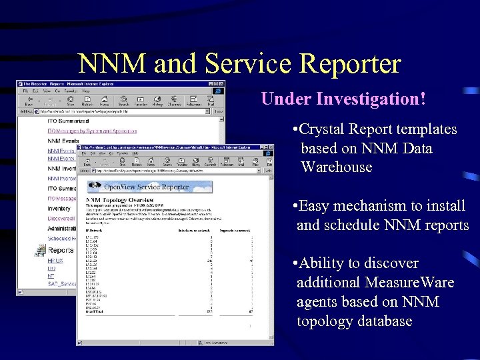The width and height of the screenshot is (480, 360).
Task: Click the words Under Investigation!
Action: coord(343,99)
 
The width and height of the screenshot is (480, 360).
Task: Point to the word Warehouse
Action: coord(336,167)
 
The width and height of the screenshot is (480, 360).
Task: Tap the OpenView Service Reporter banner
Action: coord(146,187)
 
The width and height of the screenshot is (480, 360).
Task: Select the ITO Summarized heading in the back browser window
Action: coord(69,121)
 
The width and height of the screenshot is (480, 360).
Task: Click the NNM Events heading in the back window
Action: coord(63,141)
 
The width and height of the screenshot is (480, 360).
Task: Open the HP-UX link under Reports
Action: coord(56,260)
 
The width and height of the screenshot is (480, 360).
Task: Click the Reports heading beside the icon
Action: coord(61,251)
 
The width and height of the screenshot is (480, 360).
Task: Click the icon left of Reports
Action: coord(41,251)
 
